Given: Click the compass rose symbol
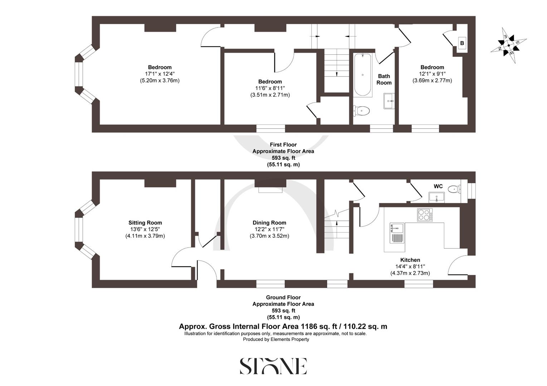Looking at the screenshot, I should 508,45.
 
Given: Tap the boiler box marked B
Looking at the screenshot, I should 462,43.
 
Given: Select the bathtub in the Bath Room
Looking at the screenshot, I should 362,75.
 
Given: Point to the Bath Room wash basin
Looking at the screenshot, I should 389,101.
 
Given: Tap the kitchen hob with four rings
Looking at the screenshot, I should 425,215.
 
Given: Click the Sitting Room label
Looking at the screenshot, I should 145,223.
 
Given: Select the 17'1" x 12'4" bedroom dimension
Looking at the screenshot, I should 160,74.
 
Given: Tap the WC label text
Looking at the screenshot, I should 438,186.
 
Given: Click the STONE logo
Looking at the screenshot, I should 273,366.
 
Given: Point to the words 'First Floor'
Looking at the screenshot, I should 283,145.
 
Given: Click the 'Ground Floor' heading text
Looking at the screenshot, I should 283,297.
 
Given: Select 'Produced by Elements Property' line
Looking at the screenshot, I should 276,340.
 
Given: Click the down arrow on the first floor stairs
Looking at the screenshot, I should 337,73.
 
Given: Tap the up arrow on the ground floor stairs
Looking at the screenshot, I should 337,224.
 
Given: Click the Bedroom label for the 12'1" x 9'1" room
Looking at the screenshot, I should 432,67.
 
